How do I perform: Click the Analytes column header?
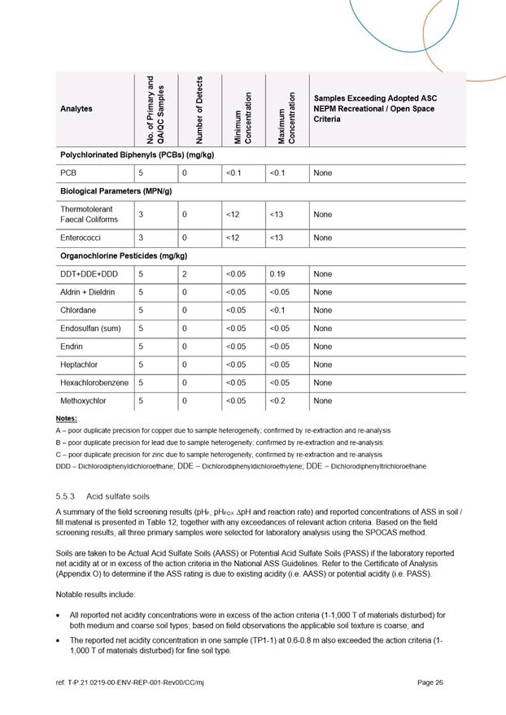click(x=76, y=108)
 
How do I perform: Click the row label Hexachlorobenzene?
click(x=94, y=382)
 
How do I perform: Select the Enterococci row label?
click(x=81, y=238)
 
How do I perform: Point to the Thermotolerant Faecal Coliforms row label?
click(x=89, y=214)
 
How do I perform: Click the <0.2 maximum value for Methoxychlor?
click(x=278, y=400)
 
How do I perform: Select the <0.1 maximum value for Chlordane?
click(x=278, y=310)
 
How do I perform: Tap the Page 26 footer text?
click(x=430, y=682)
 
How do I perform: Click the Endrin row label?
click(x=71, y=347)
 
